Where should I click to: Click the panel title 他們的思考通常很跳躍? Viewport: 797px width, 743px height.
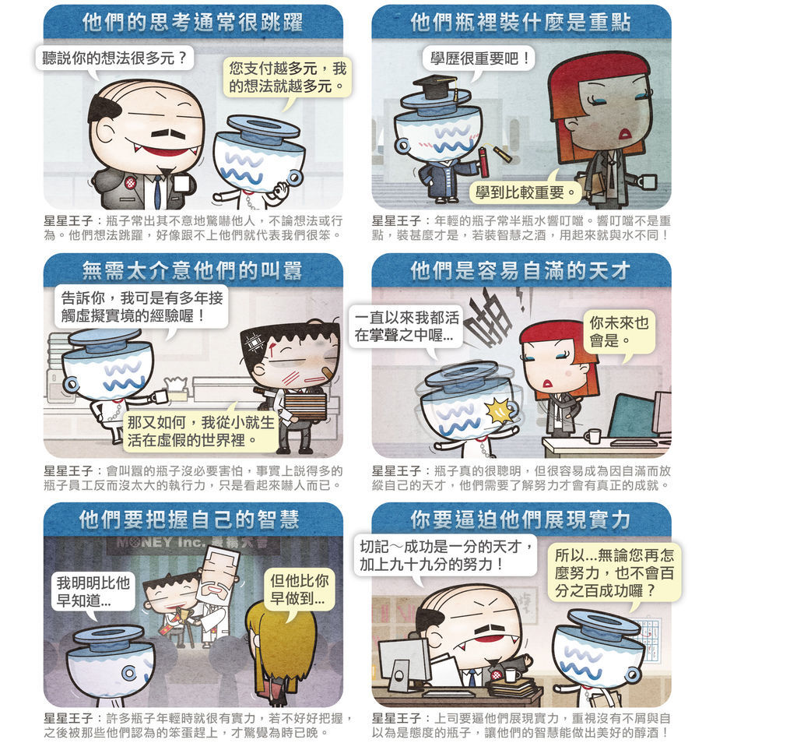pyautogui.click(x=193, y=23)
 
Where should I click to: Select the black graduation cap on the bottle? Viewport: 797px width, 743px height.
pyautogui.click(x=435, y=86)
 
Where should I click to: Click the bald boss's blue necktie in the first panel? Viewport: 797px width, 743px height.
pyautogui.click(x=157, y=192)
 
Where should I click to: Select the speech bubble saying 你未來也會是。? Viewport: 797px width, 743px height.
pyautogui.click(x=619, y=332)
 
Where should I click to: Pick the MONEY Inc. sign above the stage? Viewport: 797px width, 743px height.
pyautogui.click(x=194, y=543)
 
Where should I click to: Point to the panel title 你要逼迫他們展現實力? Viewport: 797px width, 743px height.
pyautogui.click(x=521, y=519)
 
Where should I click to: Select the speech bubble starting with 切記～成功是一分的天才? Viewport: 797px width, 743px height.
pyautogui.click(x=446, y=555)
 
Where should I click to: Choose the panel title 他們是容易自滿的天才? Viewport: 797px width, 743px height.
pyautogui.click(x=521, y=270)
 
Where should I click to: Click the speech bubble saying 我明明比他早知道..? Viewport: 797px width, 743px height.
pyautogui.click(x=93, y=591)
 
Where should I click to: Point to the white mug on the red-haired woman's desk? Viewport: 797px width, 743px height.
pyautogui.click(x=592, y=436)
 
